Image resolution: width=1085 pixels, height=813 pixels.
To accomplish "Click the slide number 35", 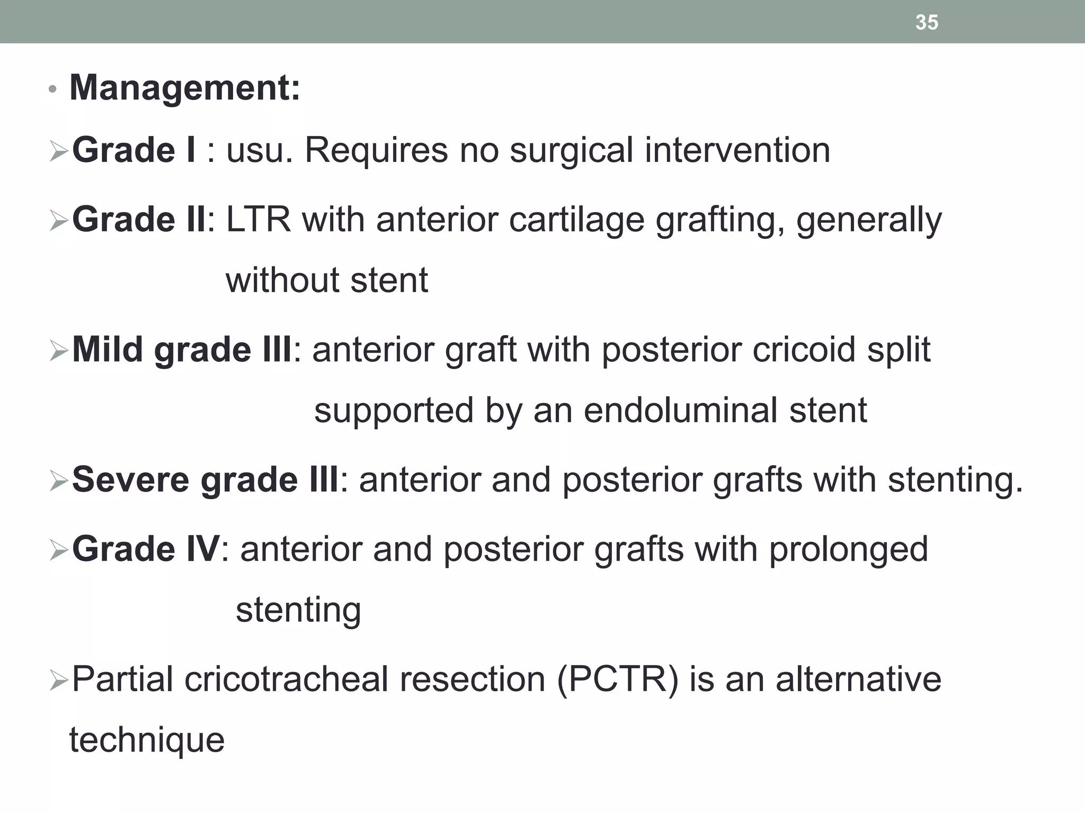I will (927, 22).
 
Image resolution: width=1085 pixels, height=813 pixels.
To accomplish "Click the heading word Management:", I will (185, 87).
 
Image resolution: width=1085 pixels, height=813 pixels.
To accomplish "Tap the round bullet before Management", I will (52, 90).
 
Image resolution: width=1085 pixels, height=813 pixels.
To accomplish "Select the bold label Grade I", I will (134, 150).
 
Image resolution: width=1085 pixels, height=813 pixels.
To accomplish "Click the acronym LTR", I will (259, 220).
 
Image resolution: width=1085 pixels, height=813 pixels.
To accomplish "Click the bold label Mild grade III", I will (182, 350).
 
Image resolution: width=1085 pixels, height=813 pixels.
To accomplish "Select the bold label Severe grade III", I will (205, 480).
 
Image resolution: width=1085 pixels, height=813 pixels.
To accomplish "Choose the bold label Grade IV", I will (146, 549).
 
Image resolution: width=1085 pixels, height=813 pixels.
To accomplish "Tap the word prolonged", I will (848, 549).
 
